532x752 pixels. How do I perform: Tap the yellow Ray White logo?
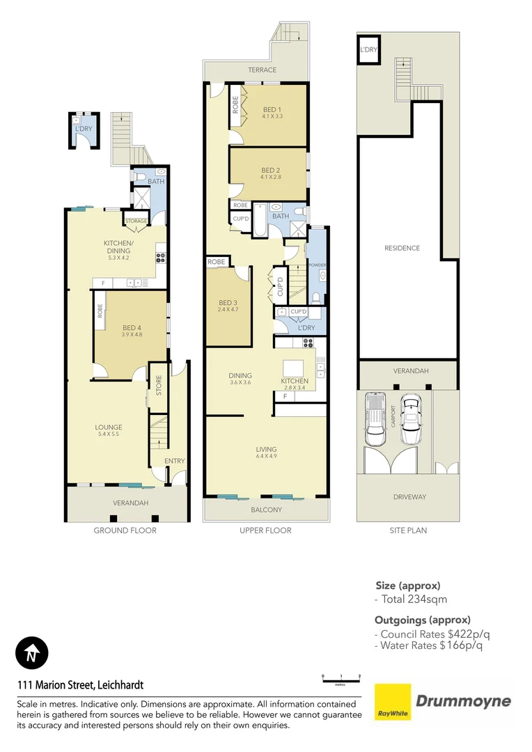[x=392, y=702]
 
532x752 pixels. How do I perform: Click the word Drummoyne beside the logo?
[x=463, y=701]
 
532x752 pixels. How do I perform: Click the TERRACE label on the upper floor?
[x=262, y=70]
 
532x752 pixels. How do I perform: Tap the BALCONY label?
[x=266, y=510]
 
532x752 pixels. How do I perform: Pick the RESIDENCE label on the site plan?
[x=402, y=248]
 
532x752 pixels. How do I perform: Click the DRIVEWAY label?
[x=409, y=497]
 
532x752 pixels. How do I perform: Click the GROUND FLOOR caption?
[x=125, y=531]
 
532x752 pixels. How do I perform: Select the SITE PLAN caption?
[x=408, y=531]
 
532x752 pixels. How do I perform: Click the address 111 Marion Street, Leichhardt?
[x=80, y=685]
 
